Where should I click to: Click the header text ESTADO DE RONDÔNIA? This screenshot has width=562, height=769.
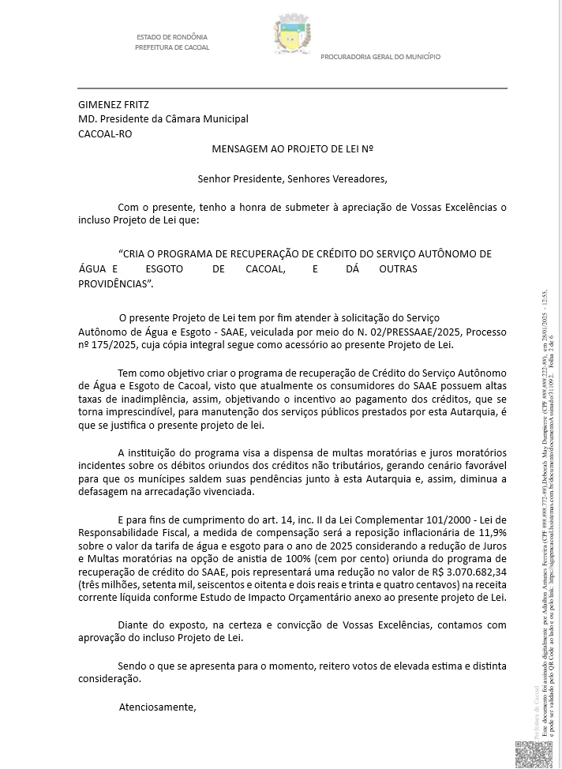pos(172,38)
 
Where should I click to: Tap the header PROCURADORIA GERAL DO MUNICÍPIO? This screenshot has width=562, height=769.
pos(380,57)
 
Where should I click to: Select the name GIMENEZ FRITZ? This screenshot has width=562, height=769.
pos(114,103)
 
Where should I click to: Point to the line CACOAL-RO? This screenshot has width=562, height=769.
pos(105,133)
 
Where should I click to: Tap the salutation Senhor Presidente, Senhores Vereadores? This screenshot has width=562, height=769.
pos(292,178)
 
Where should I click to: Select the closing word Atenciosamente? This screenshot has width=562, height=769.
pos(157,707)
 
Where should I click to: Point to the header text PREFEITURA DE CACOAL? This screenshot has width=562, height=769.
pos(172,47)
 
